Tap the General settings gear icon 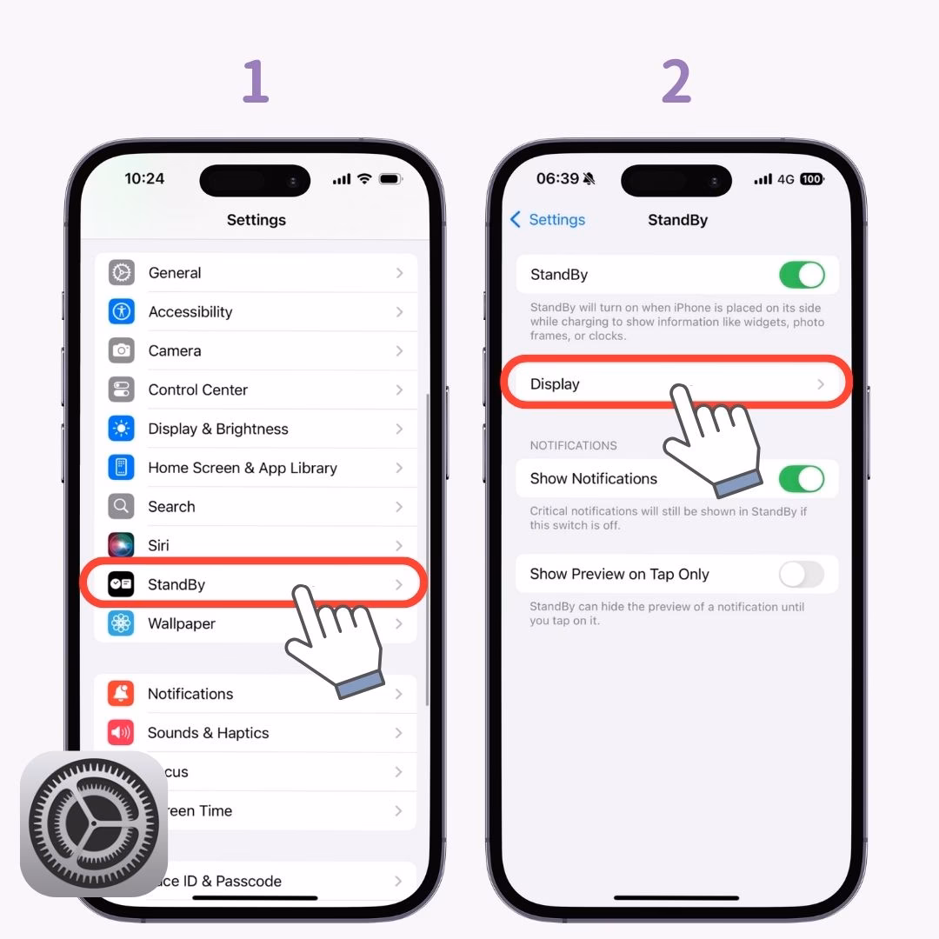coord(121,273)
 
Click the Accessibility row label coord(190,312)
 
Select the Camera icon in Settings coord(121,350)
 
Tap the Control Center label coord(197,390)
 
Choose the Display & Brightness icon coord(121,429)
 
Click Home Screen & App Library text coord(242,468)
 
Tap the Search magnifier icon coord(121,506)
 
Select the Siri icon coord(121,545)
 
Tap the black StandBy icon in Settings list coord(121,584)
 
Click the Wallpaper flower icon coord(121,623)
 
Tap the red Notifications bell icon coord(121,694)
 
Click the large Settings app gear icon coord(94,823)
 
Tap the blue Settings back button coord(548,220)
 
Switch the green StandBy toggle coord(801,275)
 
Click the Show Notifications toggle coord(801,479)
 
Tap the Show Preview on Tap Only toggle coord(801,575)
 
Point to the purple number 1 coord(255,83)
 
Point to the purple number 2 coord(676,83)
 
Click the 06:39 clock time coord(557,179)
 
